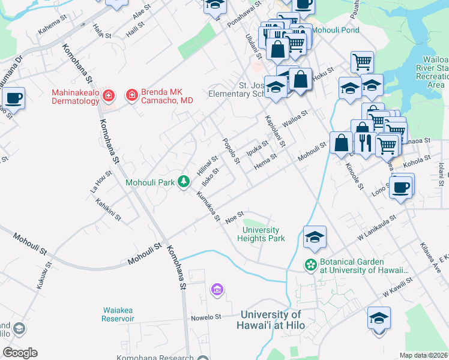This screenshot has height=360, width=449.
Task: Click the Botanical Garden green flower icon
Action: (x=310, y=264)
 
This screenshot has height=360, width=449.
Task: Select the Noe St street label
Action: (x=234, y=217)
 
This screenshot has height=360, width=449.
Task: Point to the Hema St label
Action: (x=265, y=161)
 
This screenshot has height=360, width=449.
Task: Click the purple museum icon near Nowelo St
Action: (x=217, y=291)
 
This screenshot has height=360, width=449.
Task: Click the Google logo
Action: (x=20, y=353)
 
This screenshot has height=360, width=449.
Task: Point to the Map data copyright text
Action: (x=423, y=355)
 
